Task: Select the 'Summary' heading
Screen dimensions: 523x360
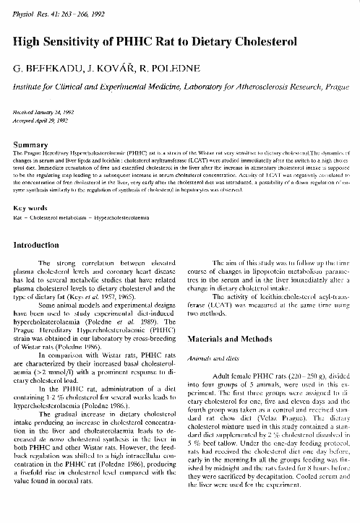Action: [31, 144]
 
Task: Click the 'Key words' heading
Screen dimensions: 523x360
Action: [30, 207]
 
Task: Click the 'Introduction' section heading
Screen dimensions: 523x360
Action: [40, 246]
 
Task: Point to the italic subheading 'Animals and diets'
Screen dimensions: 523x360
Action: [213, 356]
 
